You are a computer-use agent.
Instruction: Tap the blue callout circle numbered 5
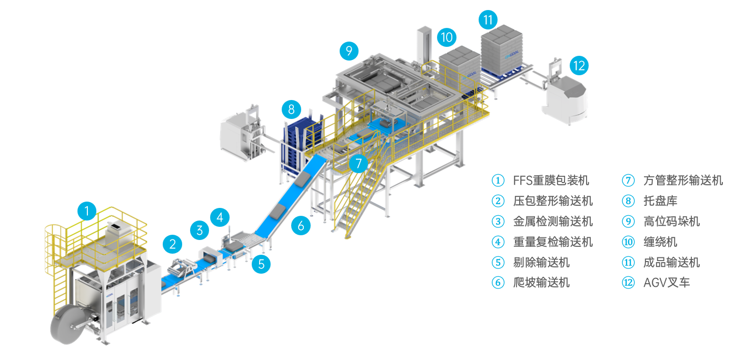(261, 263)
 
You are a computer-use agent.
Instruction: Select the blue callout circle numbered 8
(291, 109)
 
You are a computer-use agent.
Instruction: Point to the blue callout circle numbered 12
(579, 66)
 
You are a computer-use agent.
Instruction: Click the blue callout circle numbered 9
(349, 51)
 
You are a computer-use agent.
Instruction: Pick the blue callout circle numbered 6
(301, 226)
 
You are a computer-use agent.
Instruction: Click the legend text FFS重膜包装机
(551, 181)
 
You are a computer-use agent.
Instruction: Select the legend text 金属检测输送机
(553, 222)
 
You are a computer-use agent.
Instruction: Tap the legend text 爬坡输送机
(541, 283)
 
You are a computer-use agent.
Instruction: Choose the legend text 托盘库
(660, 201)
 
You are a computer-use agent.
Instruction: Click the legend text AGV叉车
(667, 283)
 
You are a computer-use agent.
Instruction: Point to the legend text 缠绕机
(660, 242)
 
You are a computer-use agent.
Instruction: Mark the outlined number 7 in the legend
(628, 181)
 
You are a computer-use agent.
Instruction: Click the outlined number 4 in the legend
(498, 242)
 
